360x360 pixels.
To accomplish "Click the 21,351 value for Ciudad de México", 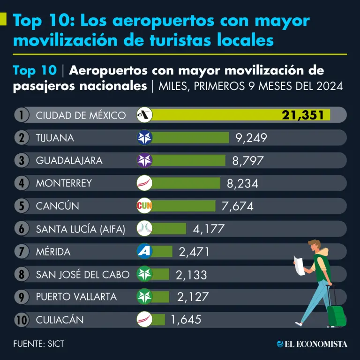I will [x=303, y=115].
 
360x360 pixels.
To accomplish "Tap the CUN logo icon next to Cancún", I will [x=144, y=206].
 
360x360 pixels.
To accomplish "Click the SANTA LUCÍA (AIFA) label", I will [x=81, y=229].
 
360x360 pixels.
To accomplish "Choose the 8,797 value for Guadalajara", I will [x=247, y=161].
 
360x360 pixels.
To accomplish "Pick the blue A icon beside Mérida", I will [x=144, y=251].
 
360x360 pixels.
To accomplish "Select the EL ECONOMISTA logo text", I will [x=312, y=344].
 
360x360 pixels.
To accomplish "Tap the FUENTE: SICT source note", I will [x=38, y=344].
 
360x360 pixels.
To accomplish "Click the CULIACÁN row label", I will [x=60, y=320].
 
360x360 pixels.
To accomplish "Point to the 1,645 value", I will [x=186, y=320].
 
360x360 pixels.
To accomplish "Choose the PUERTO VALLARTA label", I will [x=76, y=297].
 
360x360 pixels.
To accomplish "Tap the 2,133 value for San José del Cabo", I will [x=191, y=275].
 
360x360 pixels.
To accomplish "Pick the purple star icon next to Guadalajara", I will [x=144, y=160].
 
